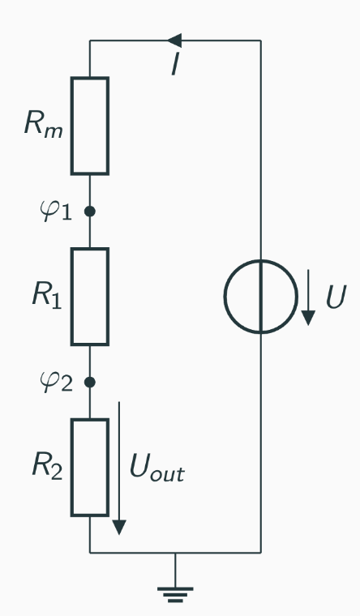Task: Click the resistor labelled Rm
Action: tap(89, 126)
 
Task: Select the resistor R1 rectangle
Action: tap(89, 297)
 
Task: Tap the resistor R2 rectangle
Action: tap(89, 467)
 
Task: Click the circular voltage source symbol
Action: tap(260, 297)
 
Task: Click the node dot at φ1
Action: tap(89, 212)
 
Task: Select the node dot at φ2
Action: tap(89, 382)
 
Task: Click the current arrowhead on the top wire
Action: tap(174, 41)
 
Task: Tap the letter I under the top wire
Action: tap(174, 65)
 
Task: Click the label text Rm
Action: tap(40, 126)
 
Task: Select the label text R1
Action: tap(45, 297)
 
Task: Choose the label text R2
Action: tap(45, 467)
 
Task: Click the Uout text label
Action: tap(156, 468)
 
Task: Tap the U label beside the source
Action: tap(335, 297)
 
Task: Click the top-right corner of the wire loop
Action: tap(260, 41)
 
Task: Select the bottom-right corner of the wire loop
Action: tap(260, 553)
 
